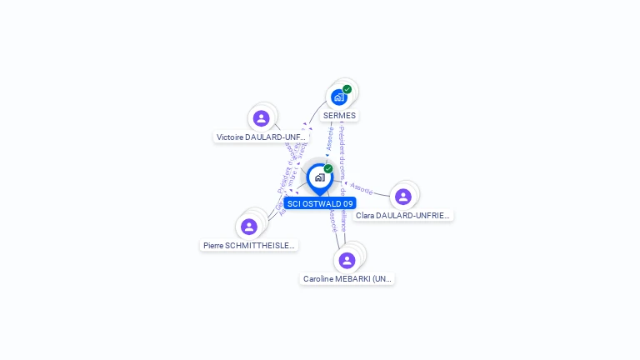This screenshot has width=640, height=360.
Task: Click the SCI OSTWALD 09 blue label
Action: click(320, 203)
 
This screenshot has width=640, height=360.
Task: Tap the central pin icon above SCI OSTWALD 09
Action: click(320, 177)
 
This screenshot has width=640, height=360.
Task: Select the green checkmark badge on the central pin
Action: click(328, 168)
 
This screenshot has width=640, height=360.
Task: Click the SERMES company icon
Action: click(339, 97)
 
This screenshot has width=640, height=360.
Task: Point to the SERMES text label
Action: click(339, 116)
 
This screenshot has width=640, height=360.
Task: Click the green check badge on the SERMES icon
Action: click(347, 89)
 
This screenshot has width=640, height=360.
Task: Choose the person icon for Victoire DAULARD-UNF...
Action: click(262, 118)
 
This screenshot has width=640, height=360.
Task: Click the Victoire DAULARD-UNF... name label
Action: click(262, 137)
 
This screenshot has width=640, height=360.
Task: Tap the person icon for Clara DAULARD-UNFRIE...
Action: click(403, 197)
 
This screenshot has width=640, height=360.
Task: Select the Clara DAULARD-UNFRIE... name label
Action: click(403, 215)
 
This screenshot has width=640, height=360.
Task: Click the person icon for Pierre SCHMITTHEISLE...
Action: click(249, 227)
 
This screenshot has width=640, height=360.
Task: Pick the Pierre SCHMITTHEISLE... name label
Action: click(249, 246)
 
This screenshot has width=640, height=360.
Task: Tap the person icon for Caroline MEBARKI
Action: click(347, 260)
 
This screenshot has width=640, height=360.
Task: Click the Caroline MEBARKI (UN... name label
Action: click(347, 279)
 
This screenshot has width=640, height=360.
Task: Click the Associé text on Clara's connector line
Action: click(362, 188)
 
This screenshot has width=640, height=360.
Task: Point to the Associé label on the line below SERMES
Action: click(331, 138)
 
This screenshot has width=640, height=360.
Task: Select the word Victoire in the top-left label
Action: click(231, 137)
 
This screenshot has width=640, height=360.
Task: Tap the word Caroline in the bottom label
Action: click(319, 279)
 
